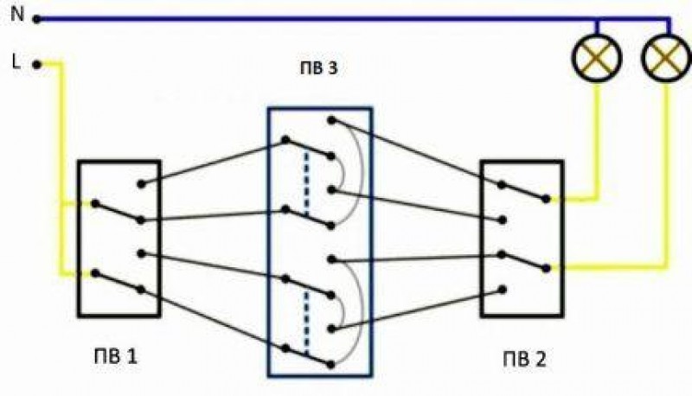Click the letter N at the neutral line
(15, 15)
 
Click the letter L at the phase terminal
(16, 61)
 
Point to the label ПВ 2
(524, 354)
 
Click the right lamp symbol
(666, 58)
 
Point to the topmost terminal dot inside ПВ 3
(330, 119)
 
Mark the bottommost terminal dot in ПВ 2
(500, 290)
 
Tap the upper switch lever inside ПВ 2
(522, 190)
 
